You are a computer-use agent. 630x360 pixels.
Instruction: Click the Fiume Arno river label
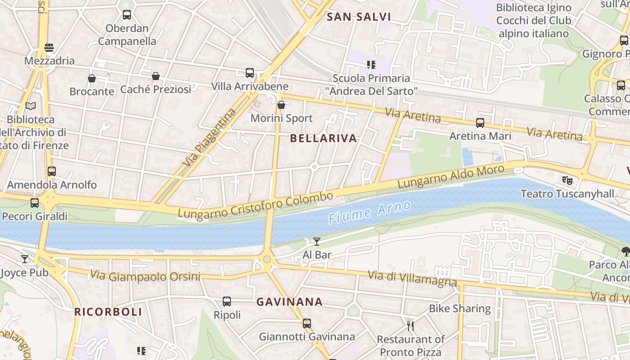[369, 212]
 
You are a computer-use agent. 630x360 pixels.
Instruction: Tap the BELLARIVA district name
[324, 138]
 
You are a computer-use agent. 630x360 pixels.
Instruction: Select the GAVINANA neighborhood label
[289, 302]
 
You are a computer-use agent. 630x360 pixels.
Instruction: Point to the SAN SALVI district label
[359, 17]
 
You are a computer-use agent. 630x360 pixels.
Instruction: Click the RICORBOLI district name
[108, 312]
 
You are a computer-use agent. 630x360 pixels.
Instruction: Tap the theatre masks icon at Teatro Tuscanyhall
[567, 180]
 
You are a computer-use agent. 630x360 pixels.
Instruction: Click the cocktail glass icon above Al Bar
[317, 242]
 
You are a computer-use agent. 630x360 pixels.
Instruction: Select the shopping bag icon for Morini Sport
[281, 105]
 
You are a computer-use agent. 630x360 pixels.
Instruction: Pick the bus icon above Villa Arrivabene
[250, 72]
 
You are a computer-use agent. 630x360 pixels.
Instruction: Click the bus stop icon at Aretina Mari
[480, 122]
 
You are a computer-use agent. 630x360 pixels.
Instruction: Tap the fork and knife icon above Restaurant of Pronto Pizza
[410, 325]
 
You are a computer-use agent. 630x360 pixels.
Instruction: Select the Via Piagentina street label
[210, 137]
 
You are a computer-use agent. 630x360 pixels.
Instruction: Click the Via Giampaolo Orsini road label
[145, 276]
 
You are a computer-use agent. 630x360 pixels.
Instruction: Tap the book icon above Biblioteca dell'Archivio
[31, 106]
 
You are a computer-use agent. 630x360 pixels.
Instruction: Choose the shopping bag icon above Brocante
[92, 78]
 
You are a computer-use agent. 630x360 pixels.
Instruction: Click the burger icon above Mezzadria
[49, 47]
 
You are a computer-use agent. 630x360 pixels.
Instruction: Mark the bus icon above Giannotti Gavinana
[307, 323]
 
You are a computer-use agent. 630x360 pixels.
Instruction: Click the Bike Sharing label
[459, 309]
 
